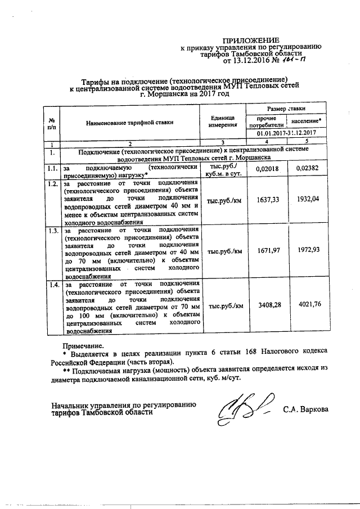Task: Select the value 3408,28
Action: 267,306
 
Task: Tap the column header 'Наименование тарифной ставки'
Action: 130,121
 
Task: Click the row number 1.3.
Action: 52,231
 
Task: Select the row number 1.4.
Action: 52,286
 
